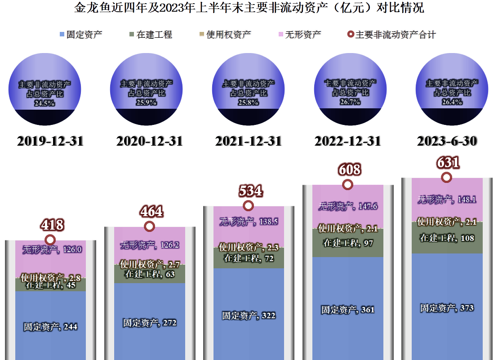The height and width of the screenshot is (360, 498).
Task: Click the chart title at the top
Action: pyautogui.click(x=249, y=8)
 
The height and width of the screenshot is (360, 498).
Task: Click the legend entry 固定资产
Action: pyautogui.click(x=81, y=35)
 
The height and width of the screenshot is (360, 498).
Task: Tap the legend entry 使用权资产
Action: pyautogui.click(x=225, y=35)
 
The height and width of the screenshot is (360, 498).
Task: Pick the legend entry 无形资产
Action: pyautogui.click(x=299, y=35)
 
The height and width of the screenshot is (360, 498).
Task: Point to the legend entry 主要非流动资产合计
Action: pyautogui.click(x=391, y=35)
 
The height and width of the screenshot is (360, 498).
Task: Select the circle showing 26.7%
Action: pyautogui.click(x=350, y=89)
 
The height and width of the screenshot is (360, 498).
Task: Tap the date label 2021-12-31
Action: pyautogui.click(x=249, y=141)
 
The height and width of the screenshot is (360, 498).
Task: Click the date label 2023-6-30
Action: pyautogui.click(x=447, y=141)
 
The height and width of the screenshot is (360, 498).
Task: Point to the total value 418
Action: pyautogui.click(x=52, y=225)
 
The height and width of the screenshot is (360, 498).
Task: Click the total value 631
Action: pyautogui.click(x=448, y=163)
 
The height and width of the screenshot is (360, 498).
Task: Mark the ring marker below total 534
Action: pyautogui.click(x=249, y=206)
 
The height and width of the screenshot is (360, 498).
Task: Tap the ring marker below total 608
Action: pyautogui.click(x=347, y=185)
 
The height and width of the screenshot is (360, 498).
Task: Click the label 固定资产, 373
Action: pyautogui.click(x=447, y=308)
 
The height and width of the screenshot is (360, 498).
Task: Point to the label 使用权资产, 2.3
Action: pyautogui.click(x=249, y=247)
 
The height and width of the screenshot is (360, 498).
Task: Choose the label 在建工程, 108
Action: pyautogui.click(x=447, y=238)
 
